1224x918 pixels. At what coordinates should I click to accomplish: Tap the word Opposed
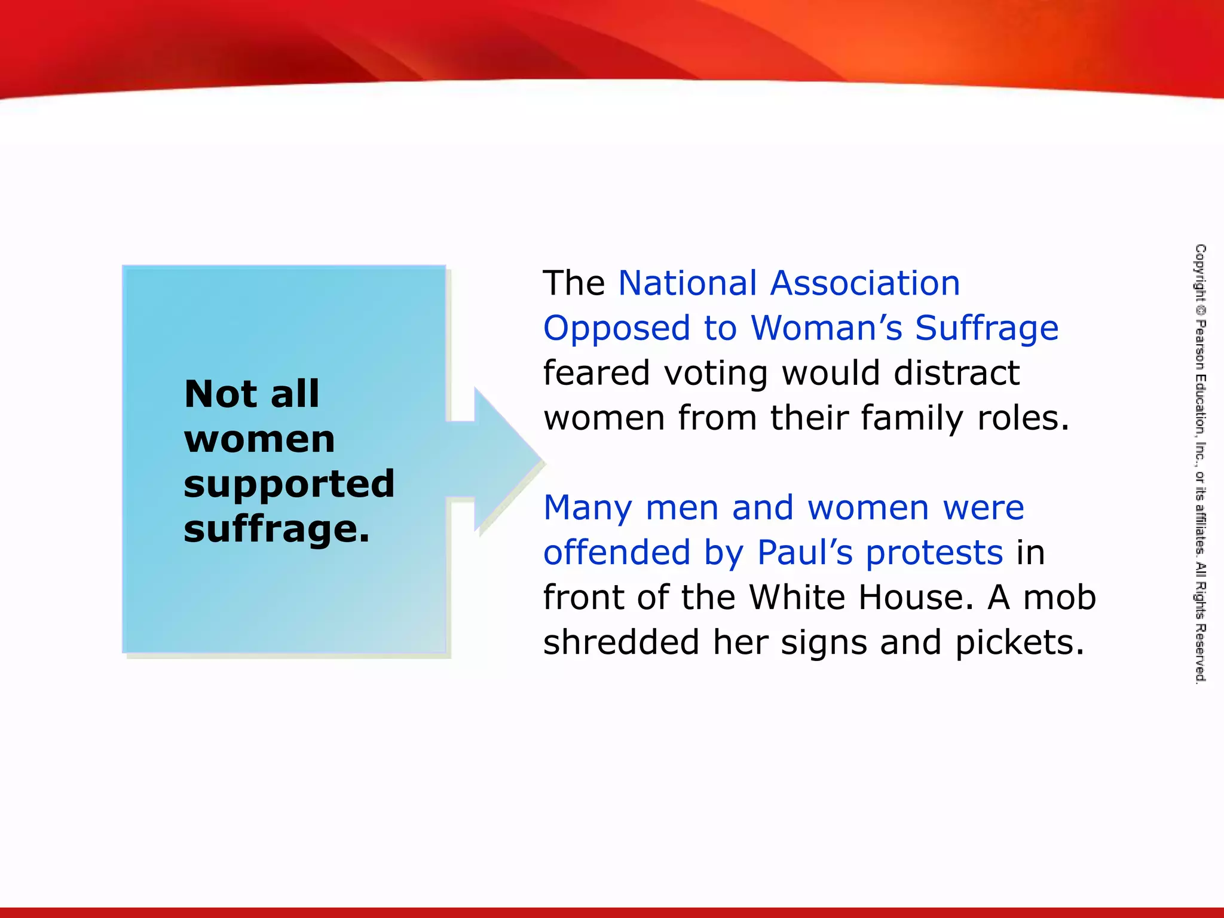(617, 329)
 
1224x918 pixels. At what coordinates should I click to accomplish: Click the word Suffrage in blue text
(987, 329)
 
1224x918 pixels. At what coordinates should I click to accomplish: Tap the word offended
(617, 552)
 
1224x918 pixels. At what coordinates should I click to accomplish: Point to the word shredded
(621, 642)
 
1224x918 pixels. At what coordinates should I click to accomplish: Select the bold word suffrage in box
(277, 530)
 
